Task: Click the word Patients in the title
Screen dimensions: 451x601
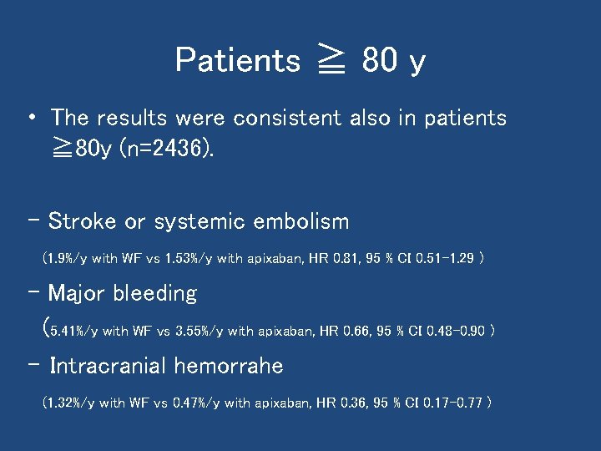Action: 237,60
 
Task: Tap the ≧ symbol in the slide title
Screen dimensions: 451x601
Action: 331,61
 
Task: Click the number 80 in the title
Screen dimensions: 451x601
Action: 379,60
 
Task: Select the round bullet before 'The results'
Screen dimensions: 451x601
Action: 31,118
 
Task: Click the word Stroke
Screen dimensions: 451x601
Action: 83,221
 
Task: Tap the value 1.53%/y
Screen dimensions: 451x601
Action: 188,259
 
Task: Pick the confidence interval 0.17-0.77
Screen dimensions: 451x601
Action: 452,403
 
